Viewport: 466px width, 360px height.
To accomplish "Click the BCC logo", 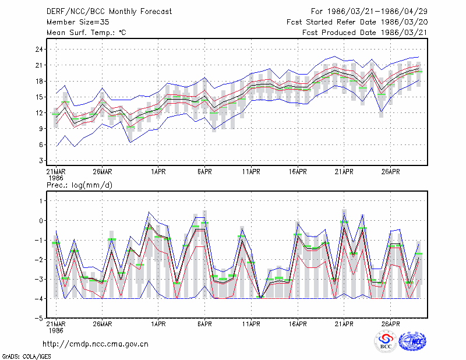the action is tap(386, 341).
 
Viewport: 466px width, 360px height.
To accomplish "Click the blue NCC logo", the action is tap(413, 341).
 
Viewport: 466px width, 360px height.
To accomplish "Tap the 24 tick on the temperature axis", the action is tap(39, 50).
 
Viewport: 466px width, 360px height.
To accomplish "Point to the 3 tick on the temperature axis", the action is tap(41, 161).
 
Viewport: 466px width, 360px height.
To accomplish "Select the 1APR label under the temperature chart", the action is tap(158, 172).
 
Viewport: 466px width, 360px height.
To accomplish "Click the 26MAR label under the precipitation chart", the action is tap(103, 324).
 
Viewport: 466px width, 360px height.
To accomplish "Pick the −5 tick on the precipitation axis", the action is tap(39, 318).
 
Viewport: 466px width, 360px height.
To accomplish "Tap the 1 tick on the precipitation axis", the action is tap(41, 201).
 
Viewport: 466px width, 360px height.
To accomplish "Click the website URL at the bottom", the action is tap(96, 344).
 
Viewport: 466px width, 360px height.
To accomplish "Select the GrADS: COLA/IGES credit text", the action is tap(26, 357).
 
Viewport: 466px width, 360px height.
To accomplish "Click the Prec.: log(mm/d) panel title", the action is tap(79, 185).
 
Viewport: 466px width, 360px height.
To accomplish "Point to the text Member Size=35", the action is tap(78, 22).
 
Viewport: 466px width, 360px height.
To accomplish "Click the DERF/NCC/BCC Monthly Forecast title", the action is tap(109, 12).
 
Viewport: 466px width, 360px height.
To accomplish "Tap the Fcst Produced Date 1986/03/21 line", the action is tap(365, 33).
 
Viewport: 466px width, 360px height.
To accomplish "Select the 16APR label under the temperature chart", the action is tap(298, 172).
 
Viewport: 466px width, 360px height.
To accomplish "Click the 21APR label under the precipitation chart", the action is tap(344, 324).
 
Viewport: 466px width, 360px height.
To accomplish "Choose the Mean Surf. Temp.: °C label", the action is tap(86, 33).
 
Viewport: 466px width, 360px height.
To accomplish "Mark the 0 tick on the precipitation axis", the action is tap(41, 221).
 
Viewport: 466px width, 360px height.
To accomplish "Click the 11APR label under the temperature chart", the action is tap(251, 172).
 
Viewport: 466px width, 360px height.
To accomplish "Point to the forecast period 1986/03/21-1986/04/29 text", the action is tap(377, 12).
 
